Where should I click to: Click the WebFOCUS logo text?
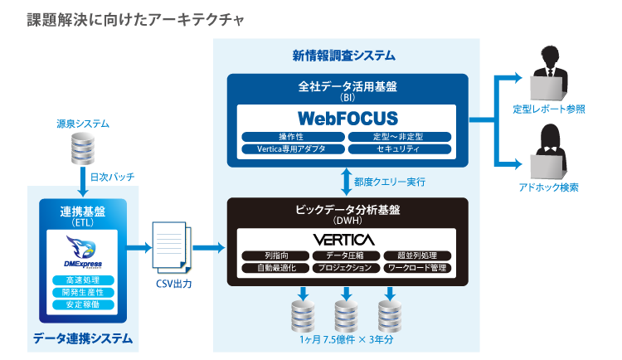point(347,118)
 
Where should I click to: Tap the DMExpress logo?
point(82,249)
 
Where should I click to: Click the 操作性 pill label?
point(292,136)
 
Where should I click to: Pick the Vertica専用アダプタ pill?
point(292,148)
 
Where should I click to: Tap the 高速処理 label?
point(82,280)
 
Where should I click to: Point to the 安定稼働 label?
point(82,304)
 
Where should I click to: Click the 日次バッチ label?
point(112,177)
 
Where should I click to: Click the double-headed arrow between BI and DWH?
point(345,180)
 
